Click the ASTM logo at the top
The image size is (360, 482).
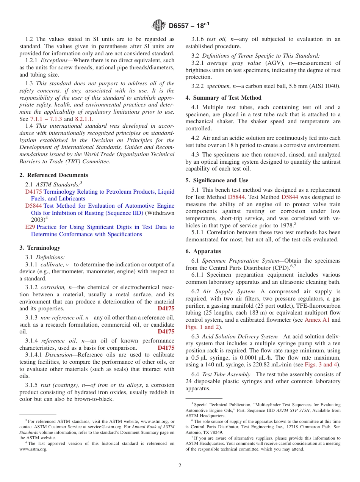(159, 26)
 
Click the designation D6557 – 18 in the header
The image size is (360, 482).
(189, 26)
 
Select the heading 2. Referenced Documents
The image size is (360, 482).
(54, 175)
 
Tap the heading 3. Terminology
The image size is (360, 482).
(40, 248)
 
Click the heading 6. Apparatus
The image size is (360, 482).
(203, 251)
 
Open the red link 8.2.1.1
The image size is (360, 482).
(84, 119)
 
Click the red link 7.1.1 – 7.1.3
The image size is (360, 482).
(46, 119)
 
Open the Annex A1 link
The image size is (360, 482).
(317, 320)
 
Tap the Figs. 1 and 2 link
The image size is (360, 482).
(202, 327)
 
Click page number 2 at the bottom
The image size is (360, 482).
(180, 466)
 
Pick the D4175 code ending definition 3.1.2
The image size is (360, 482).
(166, 308)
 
